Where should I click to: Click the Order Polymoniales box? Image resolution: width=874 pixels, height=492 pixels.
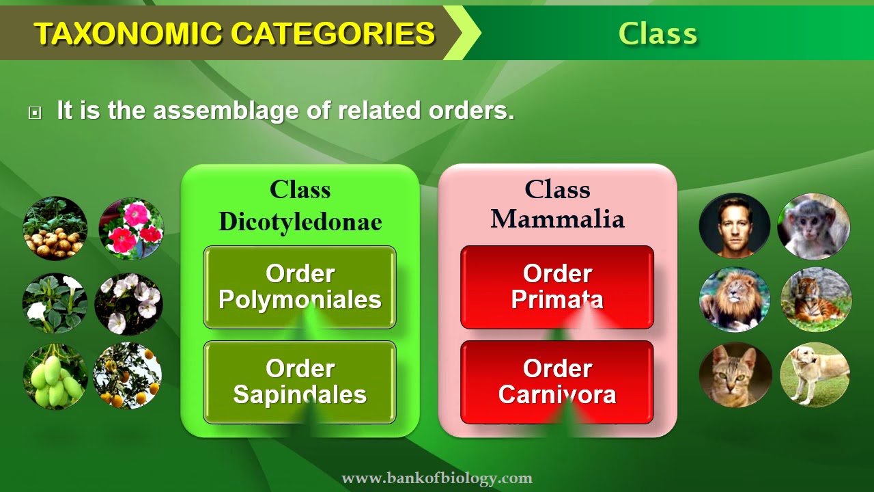pos(300,287)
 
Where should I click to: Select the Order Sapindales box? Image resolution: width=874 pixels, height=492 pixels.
pos(300,382)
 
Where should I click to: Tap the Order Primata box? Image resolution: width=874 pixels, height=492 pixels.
pos(557,287)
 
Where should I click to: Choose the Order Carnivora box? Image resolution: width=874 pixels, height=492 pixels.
pos(557,382)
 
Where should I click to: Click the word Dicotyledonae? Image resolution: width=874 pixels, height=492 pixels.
pos(300,221)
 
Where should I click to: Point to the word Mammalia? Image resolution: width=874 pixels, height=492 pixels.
pos(557,219)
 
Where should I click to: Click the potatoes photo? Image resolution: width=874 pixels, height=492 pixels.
pos(55,229)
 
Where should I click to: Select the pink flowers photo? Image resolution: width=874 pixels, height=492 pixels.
pos(131,229)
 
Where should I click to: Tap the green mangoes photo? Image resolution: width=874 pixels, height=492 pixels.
pos(55,377)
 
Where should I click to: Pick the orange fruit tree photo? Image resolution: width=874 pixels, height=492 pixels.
pos(128,376)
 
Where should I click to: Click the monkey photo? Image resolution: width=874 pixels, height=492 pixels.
pos(814,226)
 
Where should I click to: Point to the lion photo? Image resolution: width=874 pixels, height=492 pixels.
pos(735,299)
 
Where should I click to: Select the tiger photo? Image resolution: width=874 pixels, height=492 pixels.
pos(816,299)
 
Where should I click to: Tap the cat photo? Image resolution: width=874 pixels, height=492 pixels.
pos(735,374)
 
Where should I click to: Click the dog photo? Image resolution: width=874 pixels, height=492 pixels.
pos(815,374)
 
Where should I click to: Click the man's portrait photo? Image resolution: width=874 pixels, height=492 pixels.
pos(735,225)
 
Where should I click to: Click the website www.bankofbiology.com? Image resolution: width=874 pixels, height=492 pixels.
pos(436,478)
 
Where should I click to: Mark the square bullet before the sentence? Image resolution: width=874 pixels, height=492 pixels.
pos(35,113)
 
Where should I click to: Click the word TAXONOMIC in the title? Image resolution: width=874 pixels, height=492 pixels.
pos(128,33)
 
